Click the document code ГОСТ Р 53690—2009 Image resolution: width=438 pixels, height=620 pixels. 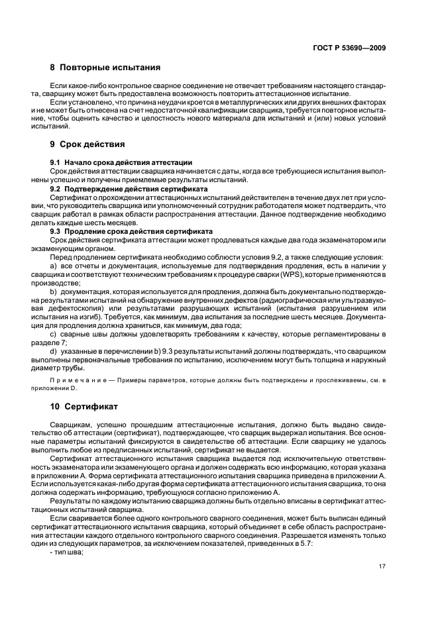[349, 48]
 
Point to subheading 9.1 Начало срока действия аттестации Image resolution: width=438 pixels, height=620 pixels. [121, 162]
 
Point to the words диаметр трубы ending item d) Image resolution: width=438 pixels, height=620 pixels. [66, 369]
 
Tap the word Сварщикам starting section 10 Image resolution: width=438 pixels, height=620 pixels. [71, 423]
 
